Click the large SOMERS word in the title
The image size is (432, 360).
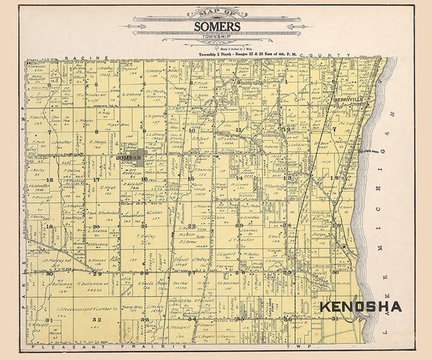[217, 27]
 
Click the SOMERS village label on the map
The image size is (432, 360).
[129, 158]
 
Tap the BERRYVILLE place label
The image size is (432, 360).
[350, 99]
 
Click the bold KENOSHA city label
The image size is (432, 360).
[361, 307]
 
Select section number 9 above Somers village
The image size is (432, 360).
[143, 130]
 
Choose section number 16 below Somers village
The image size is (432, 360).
[144, 179]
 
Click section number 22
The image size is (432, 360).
[192, 226]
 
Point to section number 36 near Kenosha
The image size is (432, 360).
[289, 319]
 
